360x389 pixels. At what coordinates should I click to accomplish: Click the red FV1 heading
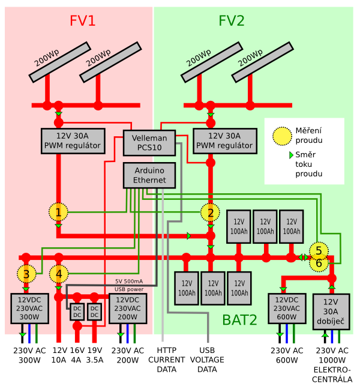83,22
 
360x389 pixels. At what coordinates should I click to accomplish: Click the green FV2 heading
232,22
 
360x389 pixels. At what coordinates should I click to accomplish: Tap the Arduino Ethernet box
149,175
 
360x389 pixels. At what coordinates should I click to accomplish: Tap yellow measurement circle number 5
319,250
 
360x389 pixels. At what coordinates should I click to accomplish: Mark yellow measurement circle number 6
319,263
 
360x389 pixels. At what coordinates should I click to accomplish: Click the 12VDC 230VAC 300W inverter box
26,309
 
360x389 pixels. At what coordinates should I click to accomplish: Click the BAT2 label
240,320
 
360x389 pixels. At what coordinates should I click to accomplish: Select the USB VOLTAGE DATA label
207,360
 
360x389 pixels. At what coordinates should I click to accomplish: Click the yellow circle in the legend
281,136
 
